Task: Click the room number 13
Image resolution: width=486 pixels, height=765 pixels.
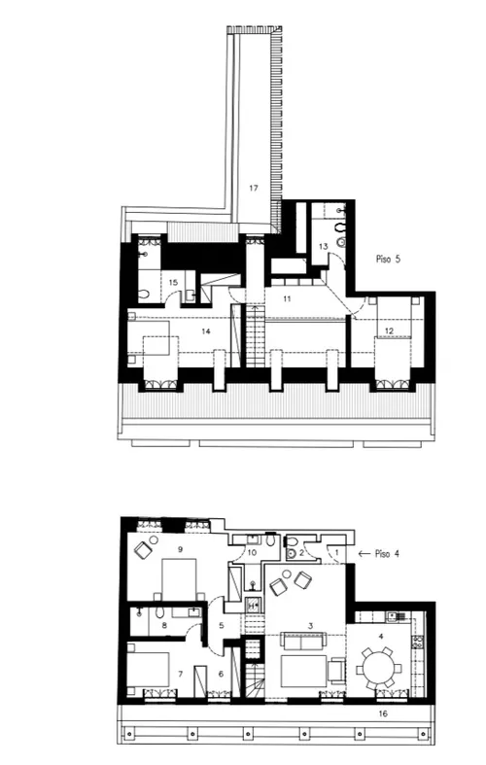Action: click(x=323, y=248)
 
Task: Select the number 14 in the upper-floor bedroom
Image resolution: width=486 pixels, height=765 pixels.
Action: click(x=206, y=330)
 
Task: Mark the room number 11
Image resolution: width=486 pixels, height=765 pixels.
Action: click(x=287, y=298)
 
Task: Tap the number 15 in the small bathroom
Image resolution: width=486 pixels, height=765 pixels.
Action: click(x=173, y=283)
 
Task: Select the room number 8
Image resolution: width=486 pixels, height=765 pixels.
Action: click(x=163, y=627)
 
